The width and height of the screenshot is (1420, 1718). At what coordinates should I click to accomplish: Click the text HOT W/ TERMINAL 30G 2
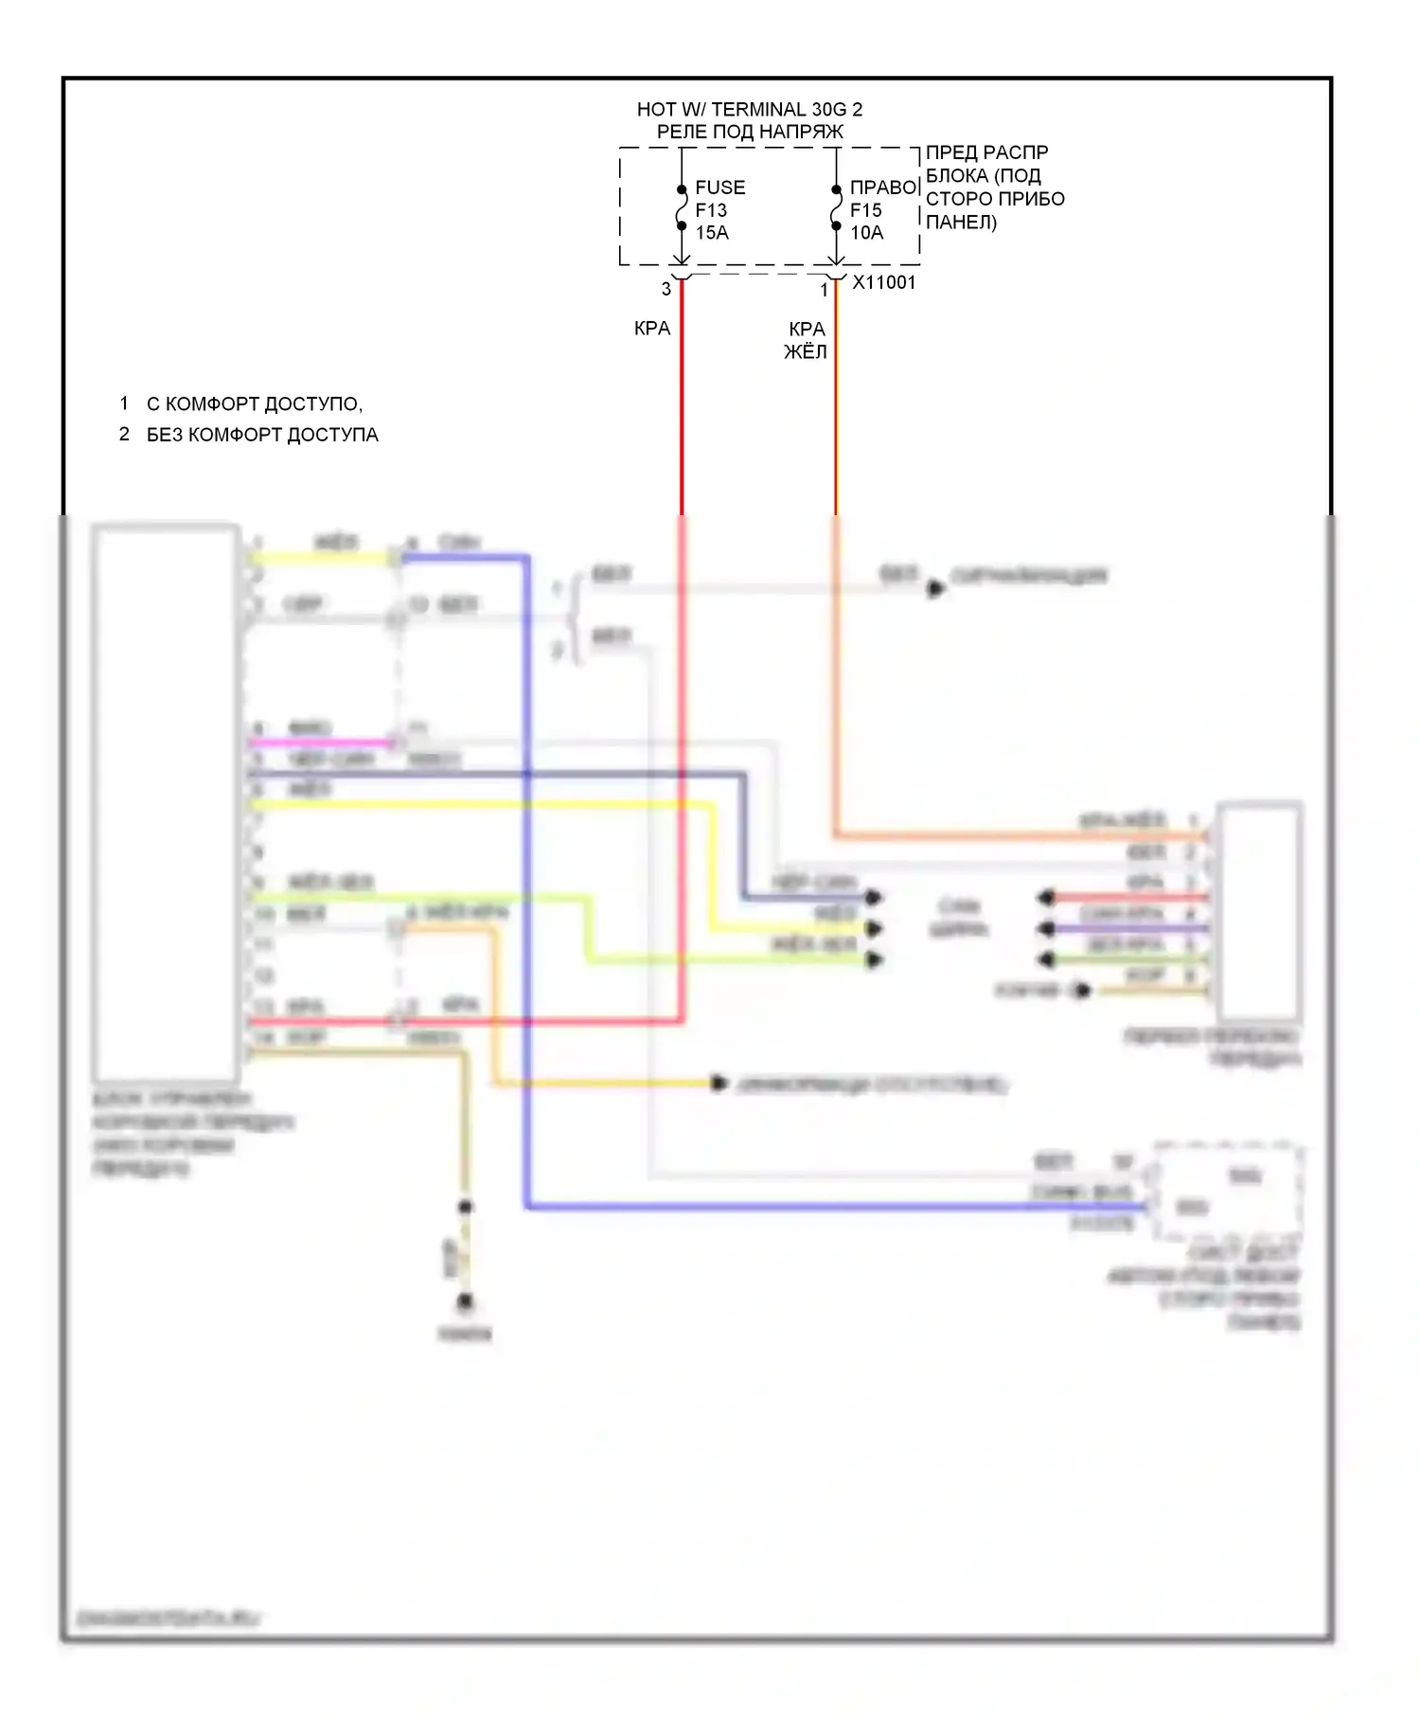(x=749, y=110)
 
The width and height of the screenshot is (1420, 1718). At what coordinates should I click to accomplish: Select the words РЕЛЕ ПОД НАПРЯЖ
(x=749, y=133)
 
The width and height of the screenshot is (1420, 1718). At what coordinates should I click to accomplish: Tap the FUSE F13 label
(x=719, y=199)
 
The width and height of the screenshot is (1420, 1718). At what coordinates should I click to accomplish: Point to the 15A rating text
(x=712, y=233)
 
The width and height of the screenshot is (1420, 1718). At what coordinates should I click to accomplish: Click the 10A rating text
(x=866, y=233)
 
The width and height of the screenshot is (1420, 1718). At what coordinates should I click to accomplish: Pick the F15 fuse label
(x=865, y=210)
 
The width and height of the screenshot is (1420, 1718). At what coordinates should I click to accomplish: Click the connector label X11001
(x=884, y=282)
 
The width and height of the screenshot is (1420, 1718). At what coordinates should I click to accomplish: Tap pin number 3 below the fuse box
(x=666, y=289)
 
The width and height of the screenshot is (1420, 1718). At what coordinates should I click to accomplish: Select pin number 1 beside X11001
(x=824, y=290)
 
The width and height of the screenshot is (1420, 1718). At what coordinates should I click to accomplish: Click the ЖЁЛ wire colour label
(x=806, y=352)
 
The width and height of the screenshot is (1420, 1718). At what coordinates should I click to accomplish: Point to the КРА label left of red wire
(x=652, y=329)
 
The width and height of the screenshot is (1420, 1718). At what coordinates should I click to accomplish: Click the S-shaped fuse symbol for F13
(x=682, y=208)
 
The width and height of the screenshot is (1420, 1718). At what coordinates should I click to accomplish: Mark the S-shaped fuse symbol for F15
(x=836, y=208)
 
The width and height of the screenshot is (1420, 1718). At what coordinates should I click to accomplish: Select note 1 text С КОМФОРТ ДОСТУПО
(x=254, y=404)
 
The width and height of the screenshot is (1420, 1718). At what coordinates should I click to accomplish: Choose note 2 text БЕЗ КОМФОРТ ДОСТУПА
(x=262, y=435)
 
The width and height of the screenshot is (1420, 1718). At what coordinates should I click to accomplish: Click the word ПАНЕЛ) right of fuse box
(x=961, y=223)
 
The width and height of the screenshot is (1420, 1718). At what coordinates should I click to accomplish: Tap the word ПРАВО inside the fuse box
(x=883, y=188)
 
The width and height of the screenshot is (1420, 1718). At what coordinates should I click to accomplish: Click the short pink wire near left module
(x=320, y=743)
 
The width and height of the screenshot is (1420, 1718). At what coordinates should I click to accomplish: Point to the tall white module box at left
(x=166, y=802)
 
